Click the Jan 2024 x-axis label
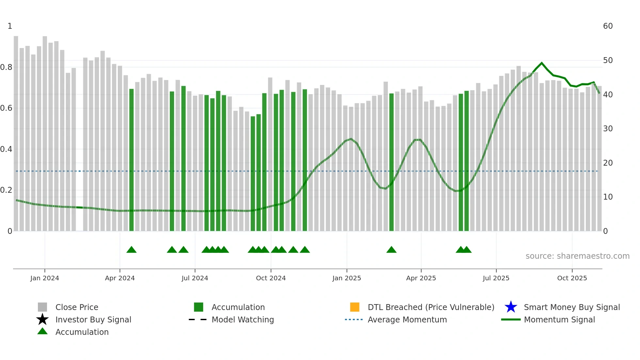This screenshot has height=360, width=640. coord(45,278)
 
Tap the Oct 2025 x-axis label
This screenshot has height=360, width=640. coord(572,278)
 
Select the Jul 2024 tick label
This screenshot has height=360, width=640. coord(195,278)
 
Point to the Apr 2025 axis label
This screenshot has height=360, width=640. coord(421,278)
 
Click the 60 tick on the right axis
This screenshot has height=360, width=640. coord(608,26)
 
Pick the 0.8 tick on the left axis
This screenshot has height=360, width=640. coord(6,67)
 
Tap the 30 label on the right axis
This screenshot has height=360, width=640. coord(608,129)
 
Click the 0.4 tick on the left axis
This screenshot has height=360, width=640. coord(6,149)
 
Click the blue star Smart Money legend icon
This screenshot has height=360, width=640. coord(511,307)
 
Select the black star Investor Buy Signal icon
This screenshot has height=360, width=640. coord(42,319)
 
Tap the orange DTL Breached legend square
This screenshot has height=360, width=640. coord(355,307)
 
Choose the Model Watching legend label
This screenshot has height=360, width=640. coord(243,319)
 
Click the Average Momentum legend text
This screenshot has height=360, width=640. coord(407,319)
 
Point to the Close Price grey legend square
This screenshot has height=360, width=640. coord(42,307)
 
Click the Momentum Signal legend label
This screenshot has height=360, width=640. coord(559,319)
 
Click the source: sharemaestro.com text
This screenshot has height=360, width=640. coord(577,256)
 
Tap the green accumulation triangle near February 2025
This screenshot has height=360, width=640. coord(391,250)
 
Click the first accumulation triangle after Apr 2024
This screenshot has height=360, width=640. coord(131,250)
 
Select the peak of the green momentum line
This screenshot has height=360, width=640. coord(542,63)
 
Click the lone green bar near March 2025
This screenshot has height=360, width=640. coord(391,162)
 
